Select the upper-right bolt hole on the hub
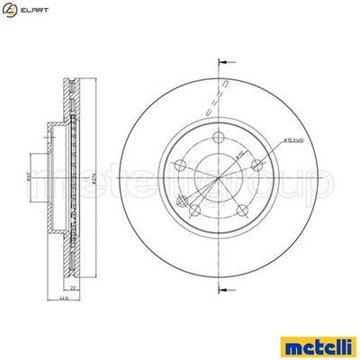tap(259, 163)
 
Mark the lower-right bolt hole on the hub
tap(245, 212)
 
